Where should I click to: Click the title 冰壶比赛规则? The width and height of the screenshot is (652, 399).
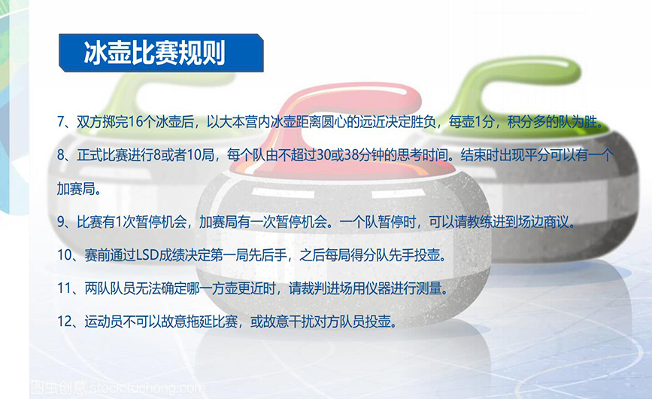(x=154, y=53)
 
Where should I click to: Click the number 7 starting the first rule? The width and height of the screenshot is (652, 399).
(x=61, y=122)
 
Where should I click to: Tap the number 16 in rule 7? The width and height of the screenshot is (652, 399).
(x=136, y=122)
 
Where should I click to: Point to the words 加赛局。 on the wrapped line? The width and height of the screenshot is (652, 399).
(x=79, y=188)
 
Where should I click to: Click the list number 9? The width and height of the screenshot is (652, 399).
(x=61, y=222)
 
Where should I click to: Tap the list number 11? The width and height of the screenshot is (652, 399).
(x=65, y=288)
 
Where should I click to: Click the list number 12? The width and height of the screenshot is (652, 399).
(x=65, y=321)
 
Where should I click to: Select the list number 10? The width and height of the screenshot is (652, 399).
(x=65, y=255)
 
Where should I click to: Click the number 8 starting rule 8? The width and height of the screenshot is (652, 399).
(x=61, y=155)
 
